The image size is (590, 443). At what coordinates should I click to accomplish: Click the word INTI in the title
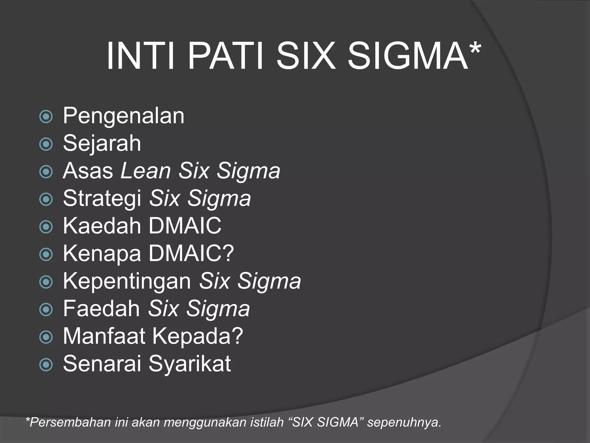click(x=141, y=56)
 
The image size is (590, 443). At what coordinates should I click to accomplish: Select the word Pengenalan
click(x=124, y=116)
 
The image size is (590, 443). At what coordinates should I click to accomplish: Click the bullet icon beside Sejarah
click(x=46, y=144)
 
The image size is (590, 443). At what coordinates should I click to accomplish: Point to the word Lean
click(x=146, y=171)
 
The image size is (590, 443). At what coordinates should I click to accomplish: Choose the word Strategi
click(x=102, y=198)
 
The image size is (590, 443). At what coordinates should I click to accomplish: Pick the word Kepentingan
click(x=127, y=281)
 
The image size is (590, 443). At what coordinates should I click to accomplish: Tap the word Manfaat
click(x=104, y=336)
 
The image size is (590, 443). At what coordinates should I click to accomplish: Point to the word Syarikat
click(x=190, y=364)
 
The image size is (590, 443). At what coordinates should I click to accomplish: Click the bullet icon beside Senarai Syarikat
click(x=46, y=365)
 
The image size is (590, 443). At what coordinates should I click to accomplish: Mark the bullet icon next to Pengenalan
click(x=46, y=117)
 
